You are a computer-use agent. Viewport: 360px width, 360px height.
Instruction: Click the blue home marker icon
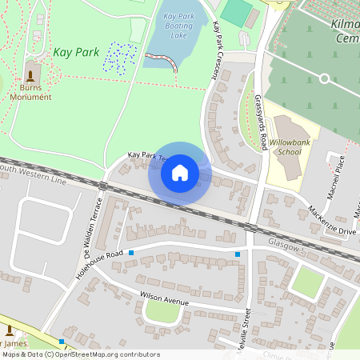click(180, 173)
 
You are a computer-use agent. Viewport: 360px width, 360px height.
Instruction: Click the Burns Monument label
click(31, 92)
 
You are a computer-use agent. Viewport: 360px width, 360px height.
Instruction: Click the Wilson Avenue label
click(164, 298)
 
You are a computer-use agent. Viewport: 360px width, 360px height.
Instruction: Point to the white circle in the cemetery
click(324, 78)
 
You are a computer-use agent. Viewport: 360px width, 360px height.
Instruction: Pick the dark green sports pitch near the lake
click(237, 10)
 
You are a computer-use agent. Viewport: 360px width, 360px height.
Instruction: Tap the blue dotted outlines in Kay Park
click(121, 56)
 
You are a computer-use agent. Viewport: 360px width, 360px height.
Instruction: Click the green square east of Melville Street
click(307, 282)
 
